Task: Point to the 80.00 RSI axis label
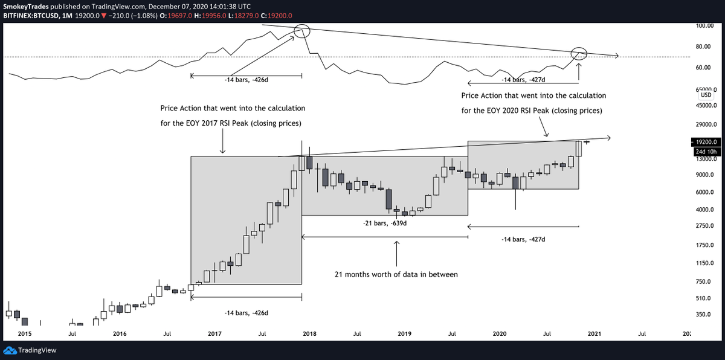[x=702, y=47]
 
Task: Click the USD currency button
[x=706, y=95]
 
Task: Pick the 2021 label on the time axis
[x=596, y=333]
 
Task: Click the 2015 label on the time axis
[x=25, y=333]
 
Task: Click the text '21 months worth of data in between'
[x=396, y=274]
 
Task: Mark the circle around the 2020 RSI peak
[x=579, y=53]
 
